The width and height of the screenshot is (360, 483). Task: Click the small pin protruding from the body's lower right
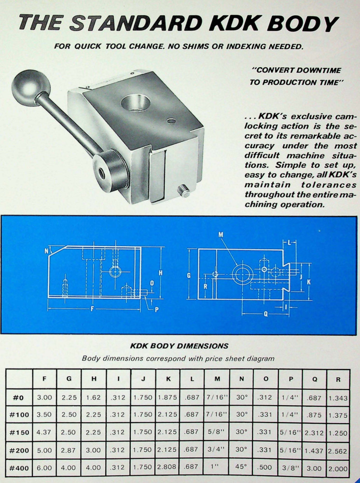pyautogui.click(x=184, y=192)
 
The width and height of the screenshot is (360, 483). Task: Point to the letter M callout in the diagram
pyautogui.click(x=221, y=235)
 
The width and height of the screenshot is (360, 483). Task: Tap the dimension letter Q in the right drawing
pyautogui.click(x=265, y=313)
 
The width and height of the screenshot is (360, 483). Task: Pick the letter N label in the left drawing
pyautogui.click(x=46, y=251)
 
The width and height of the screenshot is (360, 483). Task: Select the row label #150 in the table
pyautogui.click(x=19, y=432)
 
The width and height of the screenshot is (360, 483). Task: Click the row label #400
pyautogui.click(x=19, y=468)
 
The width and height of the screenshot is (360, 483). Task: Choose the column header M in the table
pyautogui.click(x=217, y=379)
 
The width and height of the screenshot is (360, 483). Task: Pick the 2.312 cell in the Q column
pyautogui.click(x=314, y=433)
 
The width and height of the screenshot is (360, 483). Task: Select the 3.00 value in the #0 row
pyautogui.click(x=44, y=398)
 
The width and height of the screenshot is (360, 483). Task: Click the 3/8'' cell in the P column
pyautogui.click(x=291, y=468)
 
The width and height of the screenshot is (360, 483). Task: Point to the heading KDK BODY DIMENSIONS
pyautogui.click(x=180, y=346)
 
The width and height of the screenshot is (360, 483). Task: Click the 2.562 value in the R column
pyautogui.click(x=338, y=450)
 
